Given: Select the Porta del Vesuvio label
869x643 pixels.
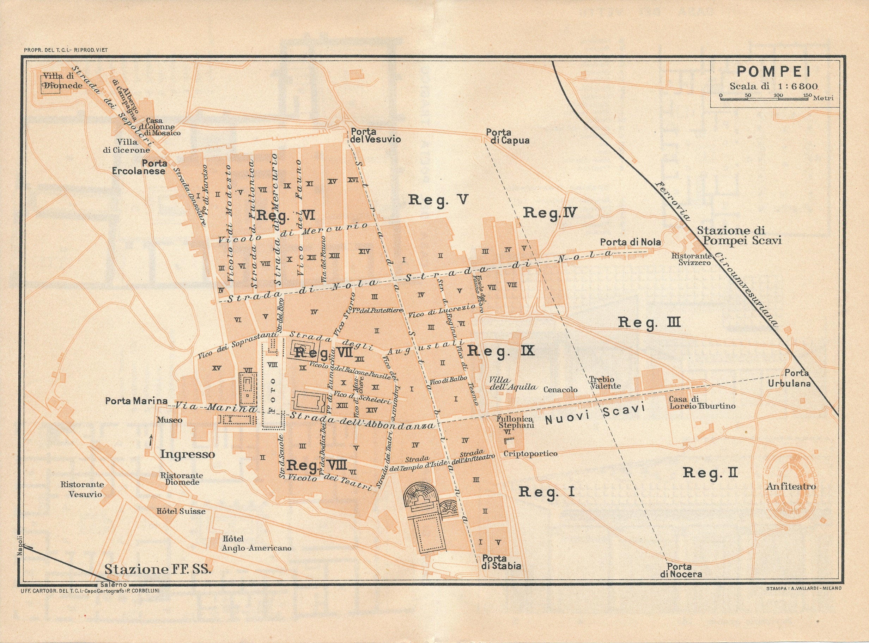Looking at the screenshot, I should (375, 135).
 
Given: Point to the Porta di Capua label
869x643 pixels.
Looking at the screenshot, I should (507, 137).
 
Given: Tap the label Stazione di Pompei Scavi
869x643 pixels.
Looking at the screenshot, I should (739, 235).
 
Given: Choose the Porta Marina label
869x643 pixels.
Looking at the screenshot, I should (136, 400).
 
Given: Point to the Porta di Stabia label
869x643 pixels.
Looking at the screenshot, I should (501, 562).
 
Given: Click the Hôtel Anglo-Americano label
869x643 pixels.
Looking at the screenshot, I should (256, 543).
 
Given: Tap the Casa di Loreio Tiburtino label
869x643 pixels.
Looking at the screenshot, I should (702, 403).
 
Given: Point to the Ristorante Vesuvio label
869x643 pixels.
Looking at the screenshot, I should (82, 489).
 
